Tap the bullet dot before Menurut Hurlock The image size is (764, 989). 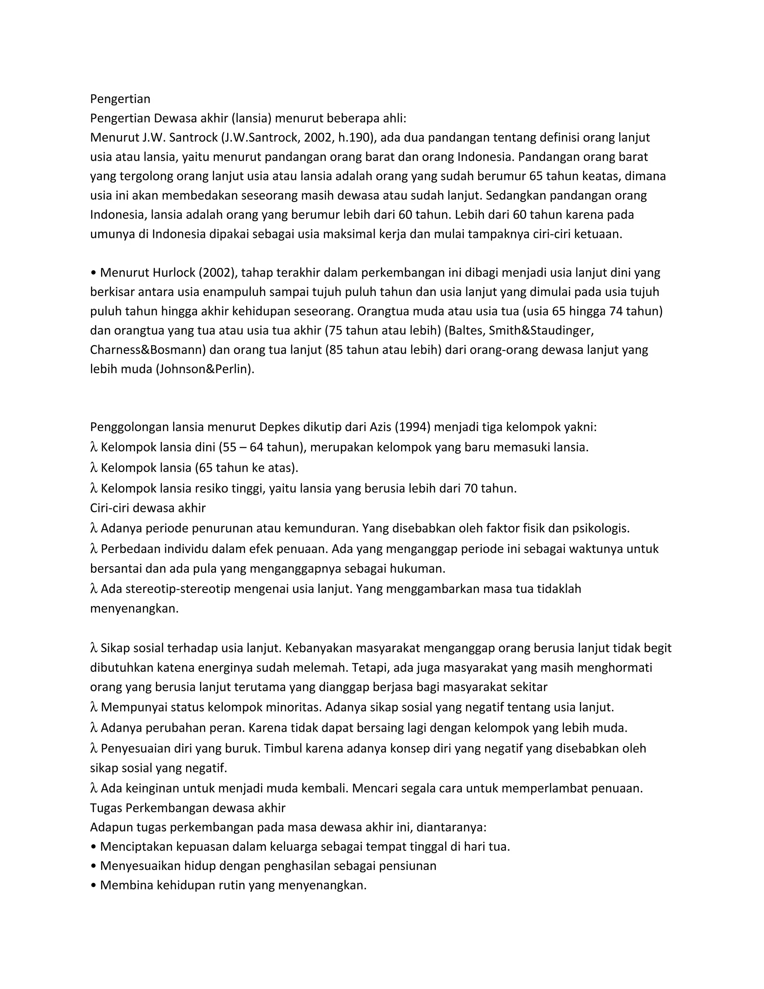pyautogui.click(x=93, y=273)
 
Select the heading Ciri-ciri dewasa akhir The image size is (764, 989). pyautogui.click(x=148, y=508)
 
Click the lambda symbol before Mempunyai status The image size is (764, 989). pyautogui.click(x=94, y=707)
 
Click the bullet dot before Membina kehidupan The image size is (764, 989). pyautogui.click(x=93, y=886)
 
